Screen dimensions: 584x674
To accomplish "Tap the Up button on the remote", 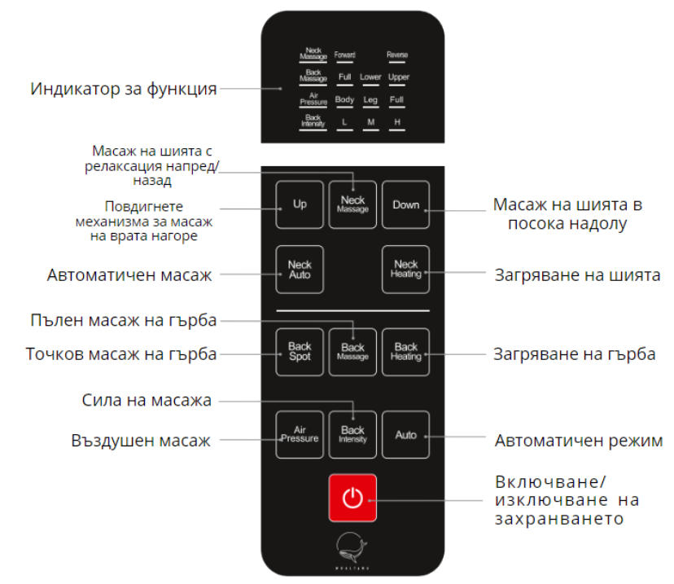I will [x=300, y=204].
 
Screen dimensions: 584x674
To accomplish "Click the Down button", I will [x=405, y=204].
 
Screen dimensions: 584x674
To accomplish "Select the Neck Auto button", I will [x=300, y=270].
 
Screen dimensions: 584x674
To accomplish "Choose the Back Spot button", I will [x=300, y=352].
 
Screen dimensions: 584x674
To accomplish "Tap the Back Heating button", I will [x=405, y=352].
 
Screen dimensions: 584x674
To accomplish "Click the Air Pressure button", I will [x=300, y=434].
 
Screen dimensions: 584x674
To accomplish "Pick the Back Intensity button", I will [x=352, y=434].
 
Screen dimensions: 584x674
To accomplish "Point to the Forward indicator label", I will [x=344, y=55].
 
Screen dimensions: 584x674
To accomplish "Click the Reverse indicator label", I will [x=397, y=55].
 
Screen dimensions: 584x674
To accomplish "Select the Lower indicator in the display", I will [x=370, y=77].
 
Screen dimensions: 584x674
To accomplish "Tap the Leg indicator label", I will [x=370, y=100].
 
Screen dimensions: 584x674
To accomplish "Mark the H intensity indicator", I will [x=397, y=122].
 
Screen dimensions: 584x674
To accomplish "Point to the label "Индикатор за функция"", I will [x=124, y=89].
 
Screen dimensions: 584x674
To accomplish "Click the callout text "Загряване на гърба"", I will [x=574, y=354].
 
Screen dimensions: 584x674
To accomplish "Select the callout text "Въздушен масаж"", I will [x=141, y=441].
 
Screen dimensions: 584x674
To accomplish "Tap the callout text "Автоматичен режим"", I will [x=578, y=441].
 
